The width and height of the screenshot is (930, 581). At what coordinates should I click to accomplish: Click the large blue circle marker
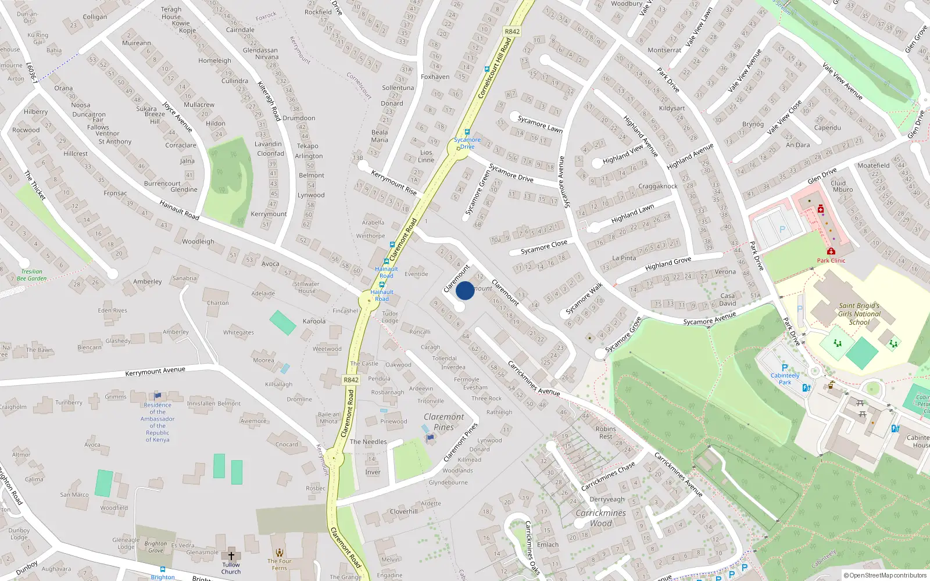465,290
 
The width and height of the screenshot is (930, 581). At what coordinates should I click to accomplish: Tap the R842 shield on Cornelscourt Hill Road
512,32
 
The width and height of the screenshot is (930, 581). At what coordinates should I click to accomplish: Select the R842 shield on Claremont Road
351,380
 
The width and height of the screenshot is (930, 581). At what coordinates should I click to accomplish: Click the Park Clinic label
831,260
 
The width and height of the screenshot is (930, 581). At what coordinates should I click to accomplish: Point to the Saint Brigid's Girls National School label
859,314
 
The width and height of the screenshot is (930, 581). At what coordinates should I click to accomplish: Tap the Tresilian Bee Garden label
31,275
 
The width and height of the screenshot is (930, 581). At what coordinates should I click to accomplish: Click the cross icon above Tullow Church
231,555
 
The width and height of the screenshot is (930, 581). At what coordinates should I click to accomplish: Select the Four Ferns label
280,564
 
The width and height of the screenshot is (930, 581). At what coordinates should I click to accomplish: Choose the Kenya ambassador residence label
158,422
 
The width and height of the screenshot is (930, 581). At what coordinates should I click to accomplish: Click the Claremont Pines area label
444,422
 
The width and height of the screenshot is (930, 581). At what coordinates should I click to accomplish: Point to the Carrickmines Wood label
600,518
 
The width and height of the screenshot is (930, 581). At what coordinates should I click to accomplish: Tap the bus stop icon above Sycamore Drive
467,132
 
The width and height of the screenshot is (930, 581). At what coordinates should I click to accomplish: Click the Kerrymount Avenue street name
155,371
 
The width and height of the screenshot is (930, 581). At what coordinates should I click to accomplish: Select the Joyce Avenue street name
177,116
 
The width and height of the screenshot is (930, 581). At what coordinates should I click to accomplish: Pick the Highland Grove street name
668,264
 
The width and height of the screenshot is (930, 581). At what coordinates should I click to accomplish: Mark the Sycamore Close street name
543,247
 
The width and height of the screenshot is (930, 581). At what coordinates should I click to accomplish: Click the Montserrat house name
664,50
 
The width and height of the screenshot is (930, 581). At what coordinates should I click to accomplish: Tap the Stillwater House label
306,288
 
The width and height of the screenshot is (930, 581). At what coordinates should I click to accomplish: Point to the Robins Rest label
606,432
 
